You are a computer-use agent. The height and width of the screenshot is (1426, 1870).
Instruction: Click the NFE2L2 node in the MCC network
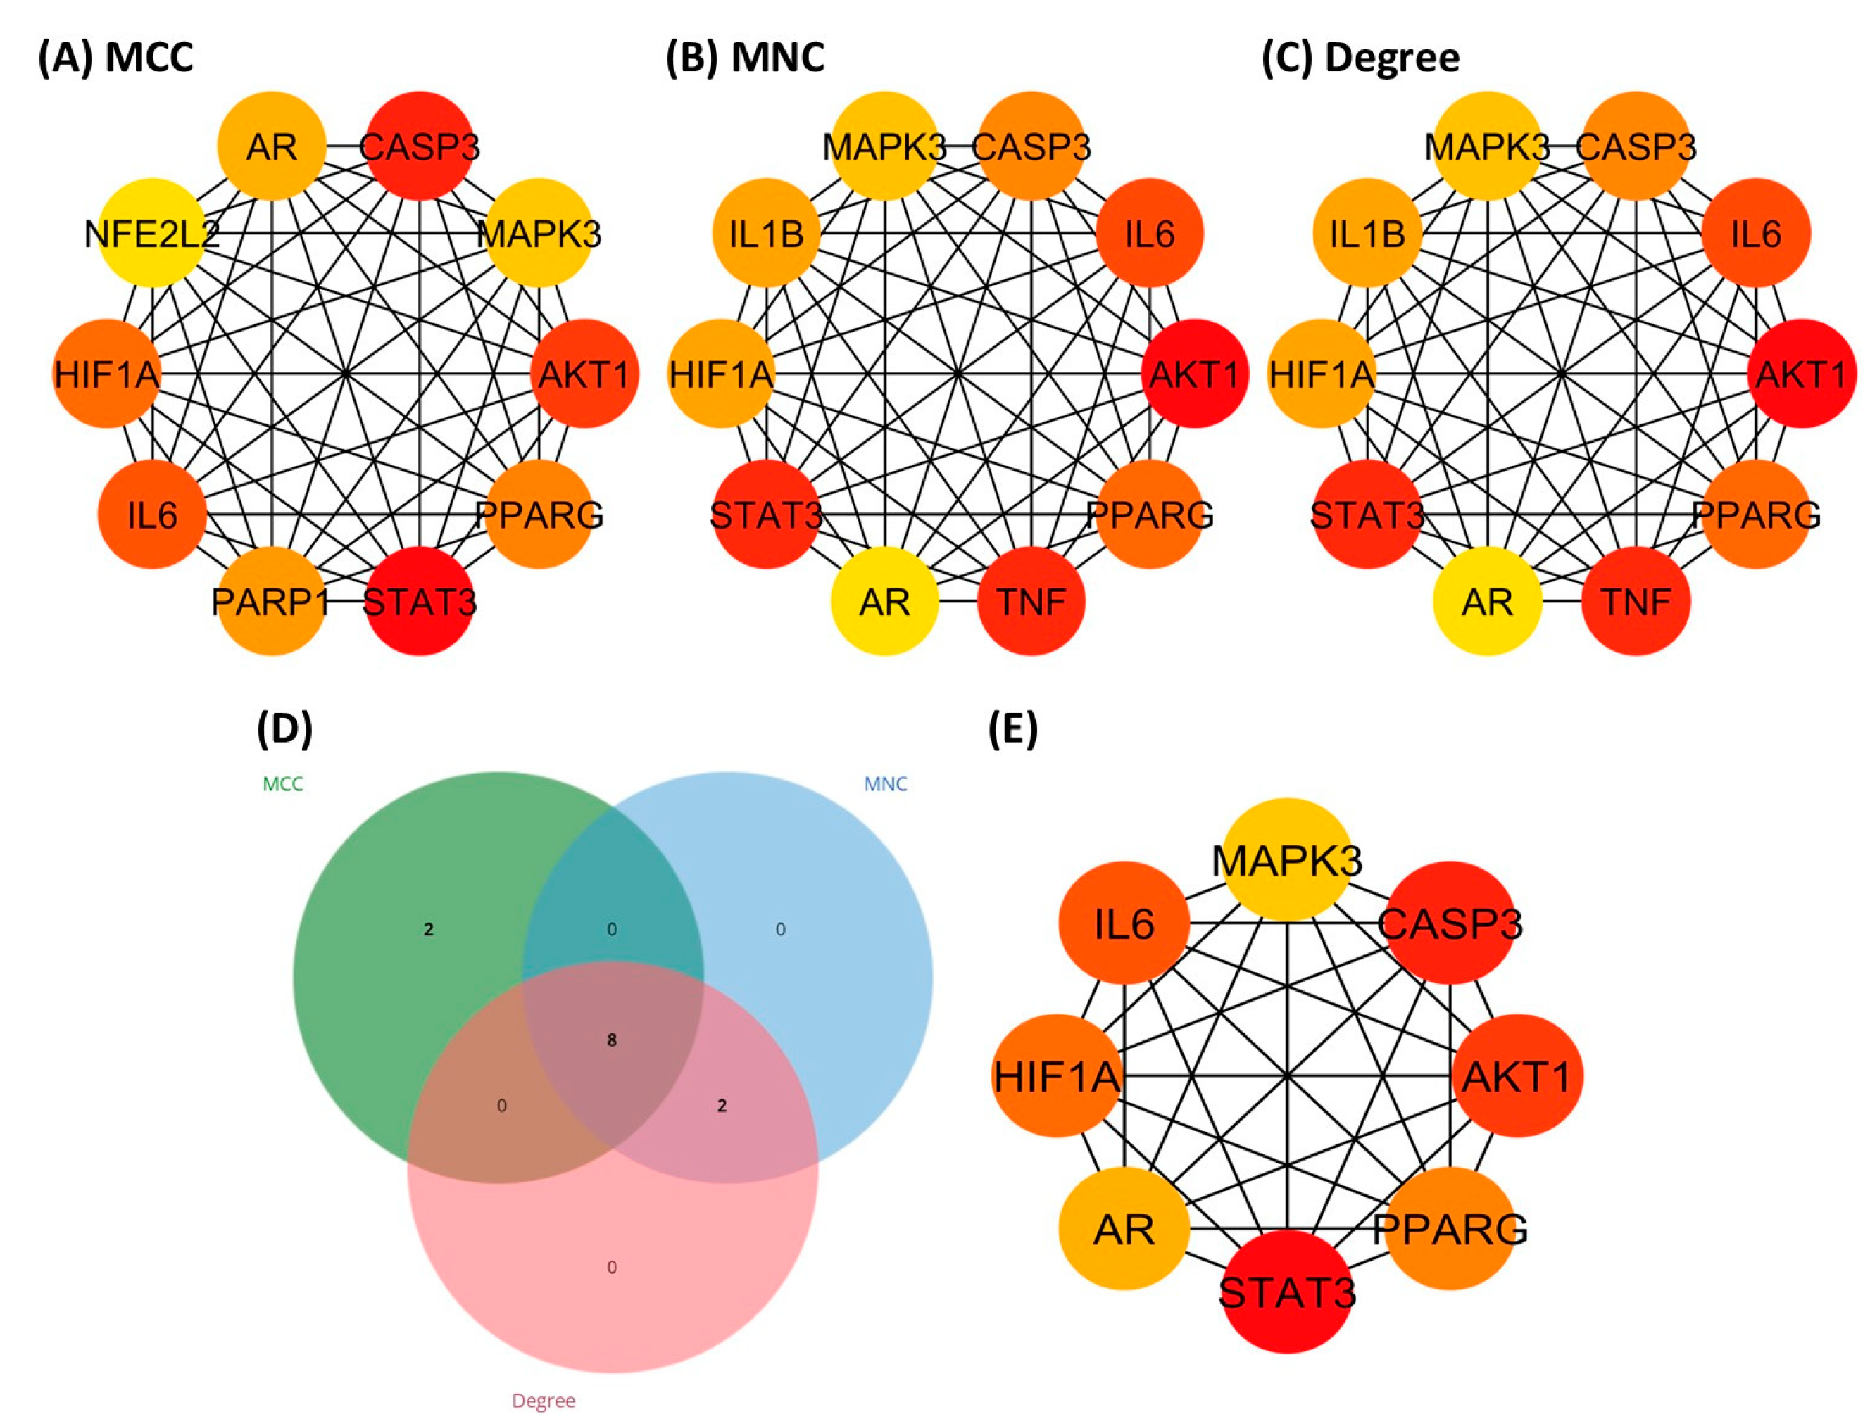[x=152, y=232]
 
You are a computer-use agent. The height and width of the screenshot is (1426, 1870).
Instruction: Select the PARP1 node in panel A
[x=272, y=601]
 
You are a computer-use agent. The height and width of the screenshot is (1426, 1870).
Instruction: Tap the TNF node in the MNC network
[x=1031, y=601]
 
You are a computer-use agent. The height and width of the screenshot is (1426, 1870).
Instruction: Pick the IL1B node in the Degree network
[x=1367, y=232]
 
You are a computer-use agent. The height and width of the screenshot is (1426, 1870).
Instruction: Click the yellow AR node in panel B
[x=884, y=601]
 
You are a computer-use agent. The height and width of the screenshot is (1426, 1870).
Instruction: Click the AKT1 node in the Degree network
[x=1801, y=374]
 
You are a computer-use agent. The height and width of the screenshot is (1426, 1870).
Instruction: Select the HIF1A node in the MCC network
[x=107, y=374]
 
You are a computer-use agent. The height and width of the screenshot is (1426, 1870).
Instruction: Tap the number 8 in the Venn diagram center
[x=611, y=1040]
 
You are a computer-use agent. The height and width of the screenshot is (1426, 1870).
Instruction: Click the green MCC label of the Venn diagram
[x=282, y=783]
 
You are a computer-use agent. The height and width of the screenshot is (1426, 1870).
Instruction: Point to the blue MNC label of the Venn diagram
[x=885, y=783]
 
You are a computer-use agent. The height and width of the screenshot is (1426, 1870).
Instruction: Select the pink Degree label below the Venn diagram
[x=544, y=1401]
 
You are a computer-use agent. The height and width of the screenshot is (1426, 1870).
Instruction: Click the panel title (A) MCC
[x=115, y=58]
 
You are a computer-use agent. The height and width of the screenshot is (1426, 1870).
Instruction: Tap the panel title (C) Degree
[x=1361, y=58]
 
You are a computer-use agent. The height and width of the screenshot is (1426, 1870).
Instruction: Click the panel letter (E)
[x=1012, y=729]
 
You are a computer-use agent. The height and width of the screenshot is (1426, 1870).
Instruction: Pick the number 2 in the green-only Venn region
[x=429, y=930]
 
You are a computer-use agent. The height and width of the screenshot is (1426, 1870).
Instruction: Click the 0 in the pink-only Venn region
[x=611, y=1267]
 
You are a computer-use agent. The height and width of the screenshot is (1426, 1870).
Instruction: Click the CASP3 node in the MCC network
[x=420, y=146]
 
